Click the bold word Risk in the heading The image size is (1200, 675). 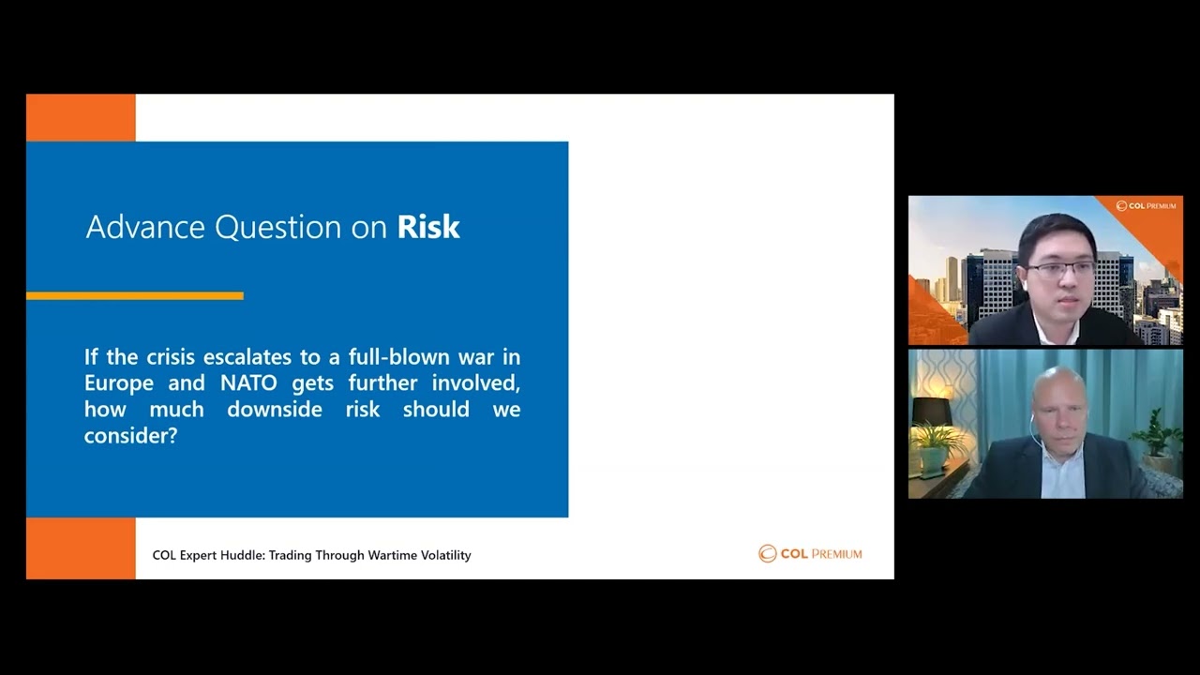[x=428, y=227]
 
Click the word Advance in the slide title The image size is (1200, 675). [x=145, y=227]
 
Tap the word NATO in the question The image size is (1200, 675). [x=248, y=383]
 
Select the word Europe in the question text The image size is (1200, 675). [x=118, y=384]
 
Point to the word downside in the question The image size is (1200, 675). [x=275, y=410]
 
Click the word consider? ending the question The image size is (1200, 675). [x=130, y=436]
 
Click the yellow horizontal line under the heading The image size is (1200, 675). [x=135, y=295]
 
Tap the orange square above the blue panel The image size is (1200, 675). [x=81, y=118]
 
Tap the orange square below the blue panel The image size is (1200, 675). [x=81, y=548]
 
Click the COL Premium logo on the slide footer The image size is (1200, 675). [x=810, y=553]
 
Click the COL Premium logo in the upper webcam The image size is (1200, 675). [x=1146, y=205]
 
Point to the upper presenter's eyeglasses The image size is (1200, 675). [x=1060, y=268]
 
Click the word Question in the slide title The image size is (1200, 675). [x=278, y=227]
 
